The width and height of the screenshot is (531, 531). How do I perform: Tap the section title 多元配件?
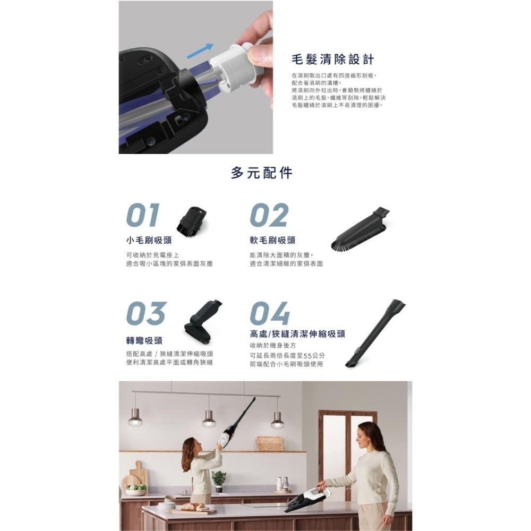coord(262,173)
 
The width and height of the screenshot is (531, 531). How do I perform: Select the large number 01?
coord(143,216)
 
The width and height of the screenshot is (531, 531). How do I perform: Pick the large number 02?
coord(269,216)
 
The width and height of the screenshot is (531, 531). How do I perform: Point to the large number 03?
coord(146,313)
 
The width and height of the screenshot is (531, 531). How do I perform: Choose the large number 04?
coord(270,313)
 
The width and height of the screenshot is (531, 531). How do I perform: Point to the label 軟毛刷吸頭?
coord(272,241)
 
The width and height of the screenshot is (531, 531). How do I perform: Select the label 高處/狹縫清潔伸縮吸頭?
coord(297,334)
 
